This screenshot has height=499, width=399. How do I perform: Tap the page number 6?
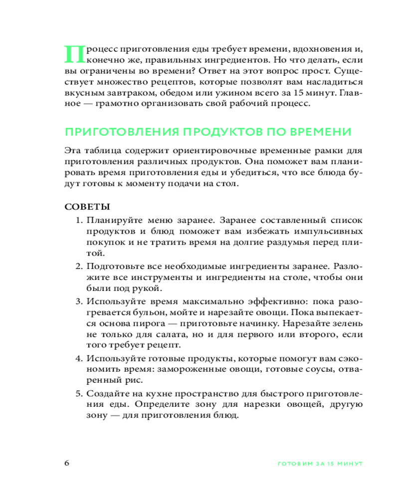(x=67, y=463)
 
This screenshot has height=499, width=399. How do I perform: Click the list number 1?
(x=79, y=220)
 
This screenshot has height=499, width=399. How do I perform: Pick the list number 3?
(x=79, y=302)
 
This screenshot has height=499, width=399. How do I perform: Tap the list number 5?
(x=79, y=393)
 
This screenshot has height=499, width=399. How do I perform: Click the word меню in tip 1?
(x=149, y=220)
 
